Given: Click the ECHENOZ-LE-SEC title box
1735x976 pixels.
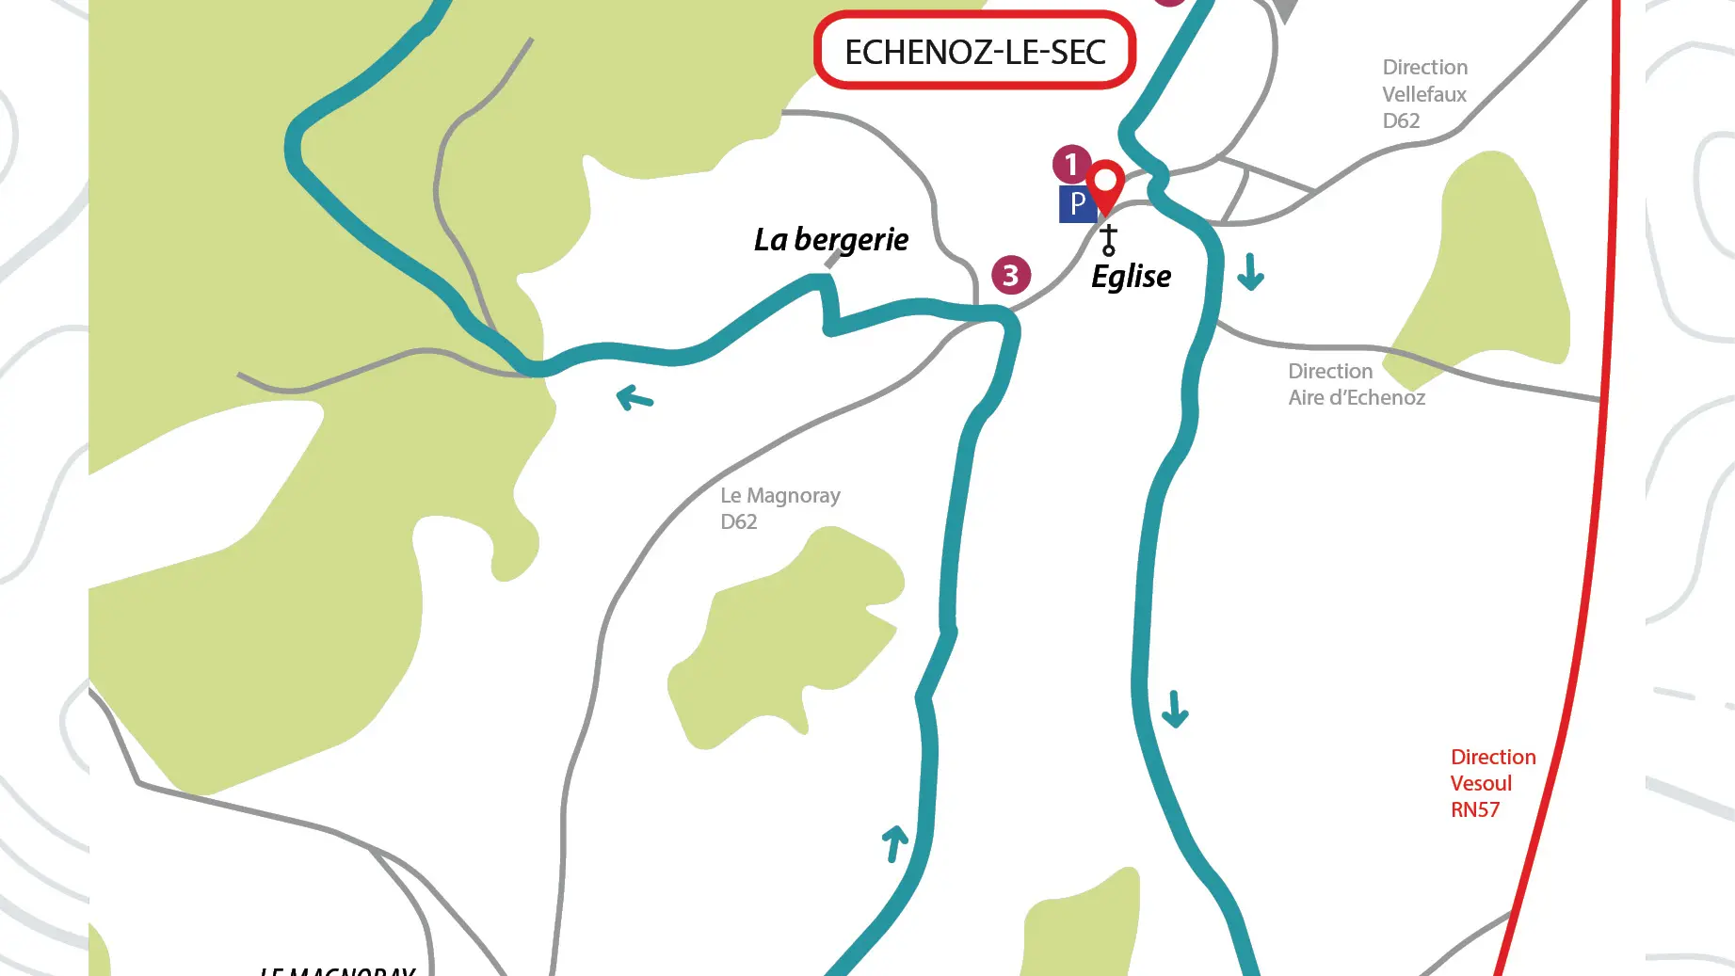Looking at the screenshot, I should click(974, 51).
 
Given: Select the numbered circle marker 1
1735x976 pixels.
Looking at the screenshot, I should click(1070, 165).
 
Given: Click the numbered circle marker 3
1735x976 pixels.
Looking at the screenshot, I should click(1010, 275).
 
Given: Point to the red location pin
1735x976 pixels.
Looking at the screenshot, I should click(1105, 184).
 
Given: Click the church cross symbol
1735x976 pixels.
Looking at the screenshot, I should click(1109, 239).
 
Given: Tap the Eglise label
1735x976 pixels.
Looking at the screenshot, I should click(1131, 277).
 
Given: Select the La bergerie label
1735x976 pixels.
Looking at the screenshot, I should click(830, 240).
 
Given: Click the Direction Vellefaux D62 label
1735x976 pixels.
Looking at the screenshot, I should click(1424, 94).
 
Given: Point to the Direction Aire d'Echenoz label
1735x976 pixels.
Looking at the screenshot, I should click(1356, 384).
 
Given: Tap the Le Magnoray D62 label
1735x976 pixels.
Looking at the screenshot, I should click(779, 508).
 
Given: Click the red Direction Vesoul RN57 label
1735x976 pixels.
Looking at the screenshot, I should click(1492, 783).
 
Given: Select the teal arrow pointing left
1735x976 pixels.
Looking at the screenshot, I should click(635, 398).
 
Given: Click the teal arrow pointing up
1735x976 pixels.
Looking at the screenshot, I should click(894, 842).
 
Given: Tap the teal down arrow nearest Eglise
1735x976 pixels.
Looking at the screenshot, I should click(1250, 271).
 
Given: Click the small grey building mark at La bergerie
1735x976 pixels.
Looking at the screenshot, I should click(833, 260).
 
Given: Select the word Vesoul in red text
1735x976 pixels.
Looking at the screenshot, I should click(1481, 783).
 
